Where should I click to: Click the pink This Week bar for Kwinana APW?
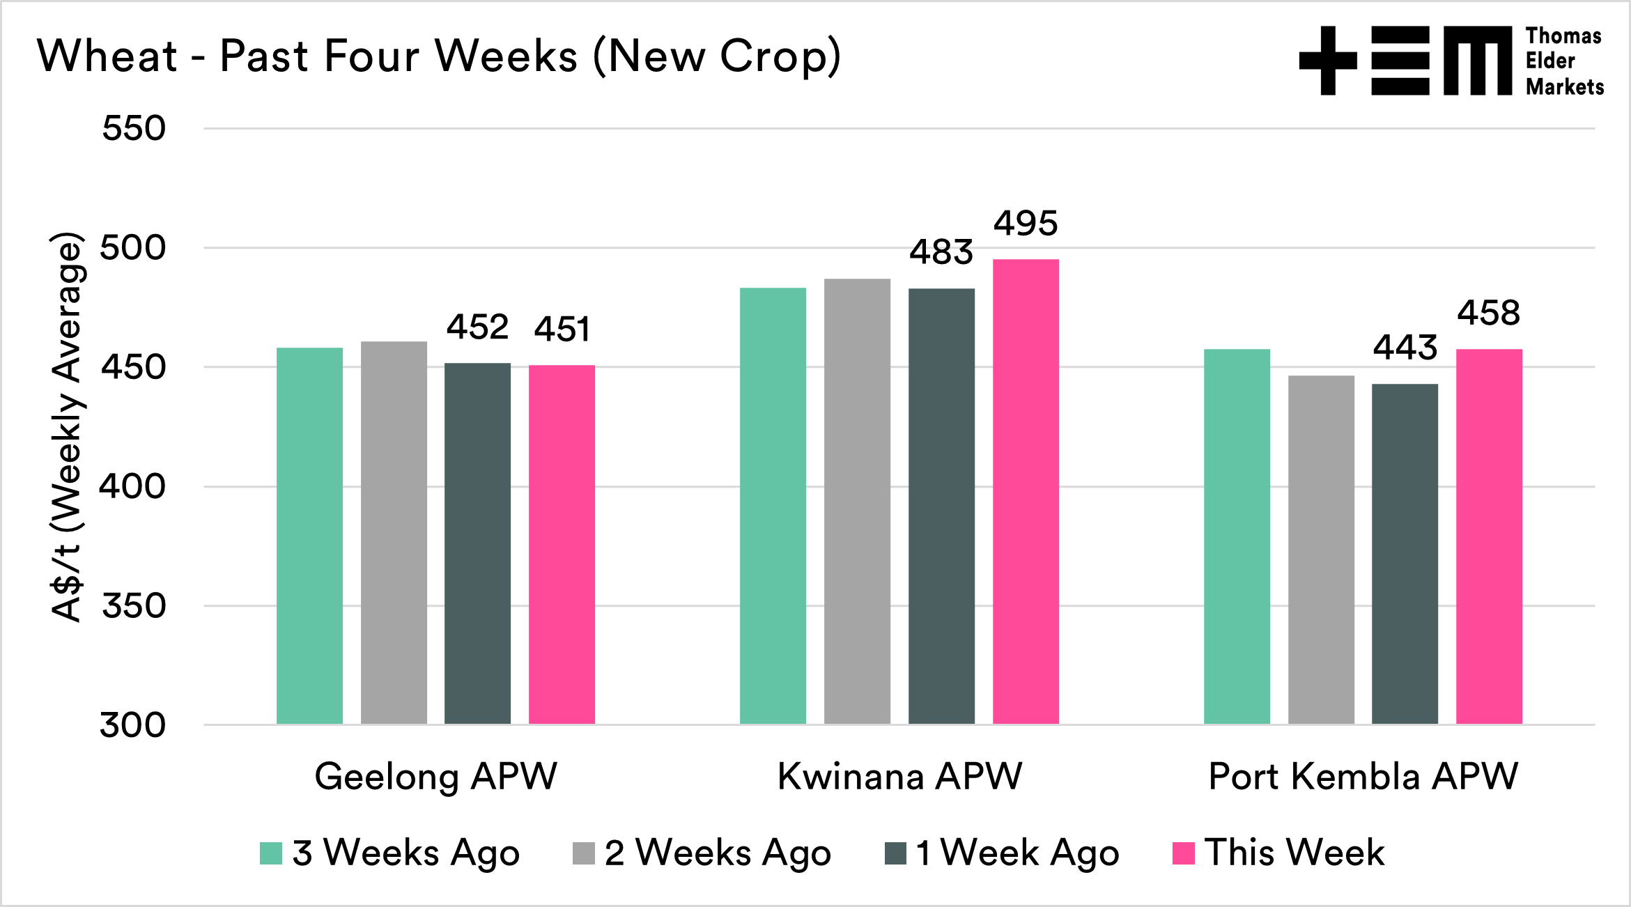1026,491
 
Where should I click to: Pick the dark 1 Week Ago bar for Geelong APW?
477,543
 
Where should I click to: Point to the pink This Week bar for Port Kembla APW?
1489,536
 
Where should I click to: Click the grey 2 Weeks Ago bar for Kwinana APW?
857,501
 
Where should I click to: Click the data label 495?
1026,224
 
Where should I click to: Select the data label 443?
1405,348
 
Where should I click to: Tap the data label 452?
477,327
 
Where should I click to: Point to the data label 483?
941,252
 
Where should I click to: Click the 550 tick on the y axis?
134,128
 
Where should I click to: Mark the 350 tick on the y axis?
134,606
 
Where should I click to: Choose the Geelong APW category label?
435,776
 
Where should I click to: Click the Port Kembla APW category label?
1363,776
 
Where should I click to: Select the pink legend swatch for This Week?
1183,853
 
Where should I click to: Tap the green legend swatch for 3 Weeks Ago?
270,853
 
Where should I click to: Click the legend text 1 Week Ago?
1017,853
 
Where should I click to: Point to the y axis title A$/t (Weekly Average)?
68,426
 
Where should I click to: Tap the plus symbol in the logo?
1328,61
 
